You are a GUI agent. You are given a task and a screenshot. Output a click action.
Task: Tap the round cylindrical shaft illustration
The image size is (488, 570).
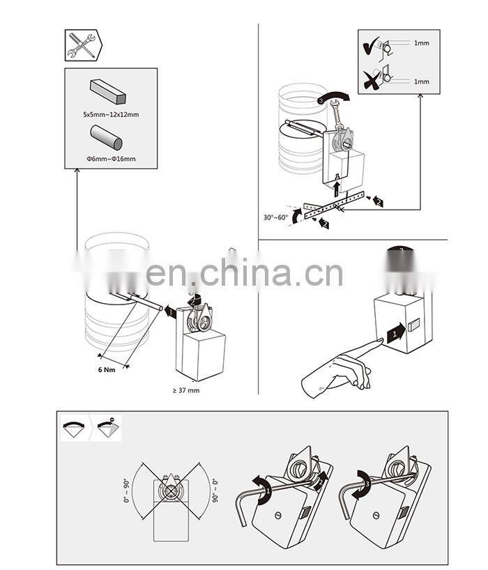(106, 136)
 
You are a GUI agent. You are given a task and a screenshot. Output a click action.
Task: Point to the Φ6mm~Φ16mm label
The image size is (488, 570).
(110, 159)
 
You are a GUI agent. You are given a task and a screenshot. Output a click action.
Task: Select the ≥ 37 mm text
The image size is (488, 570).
(185, 390)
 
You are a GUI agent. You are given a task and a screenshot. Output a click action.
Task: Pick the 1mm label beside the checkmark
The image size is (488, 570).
(421, 43)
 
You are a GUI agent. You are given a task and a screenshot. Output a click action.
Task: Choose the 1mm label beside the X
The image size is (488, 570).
(421, 82)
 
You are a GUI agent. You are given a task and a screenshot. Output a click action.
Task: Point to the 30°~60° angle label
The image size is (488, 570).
(276, 217)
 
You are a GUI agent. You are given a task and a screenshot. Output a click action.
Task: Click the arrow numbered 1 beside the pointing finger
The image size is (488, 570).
(395, 332)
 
